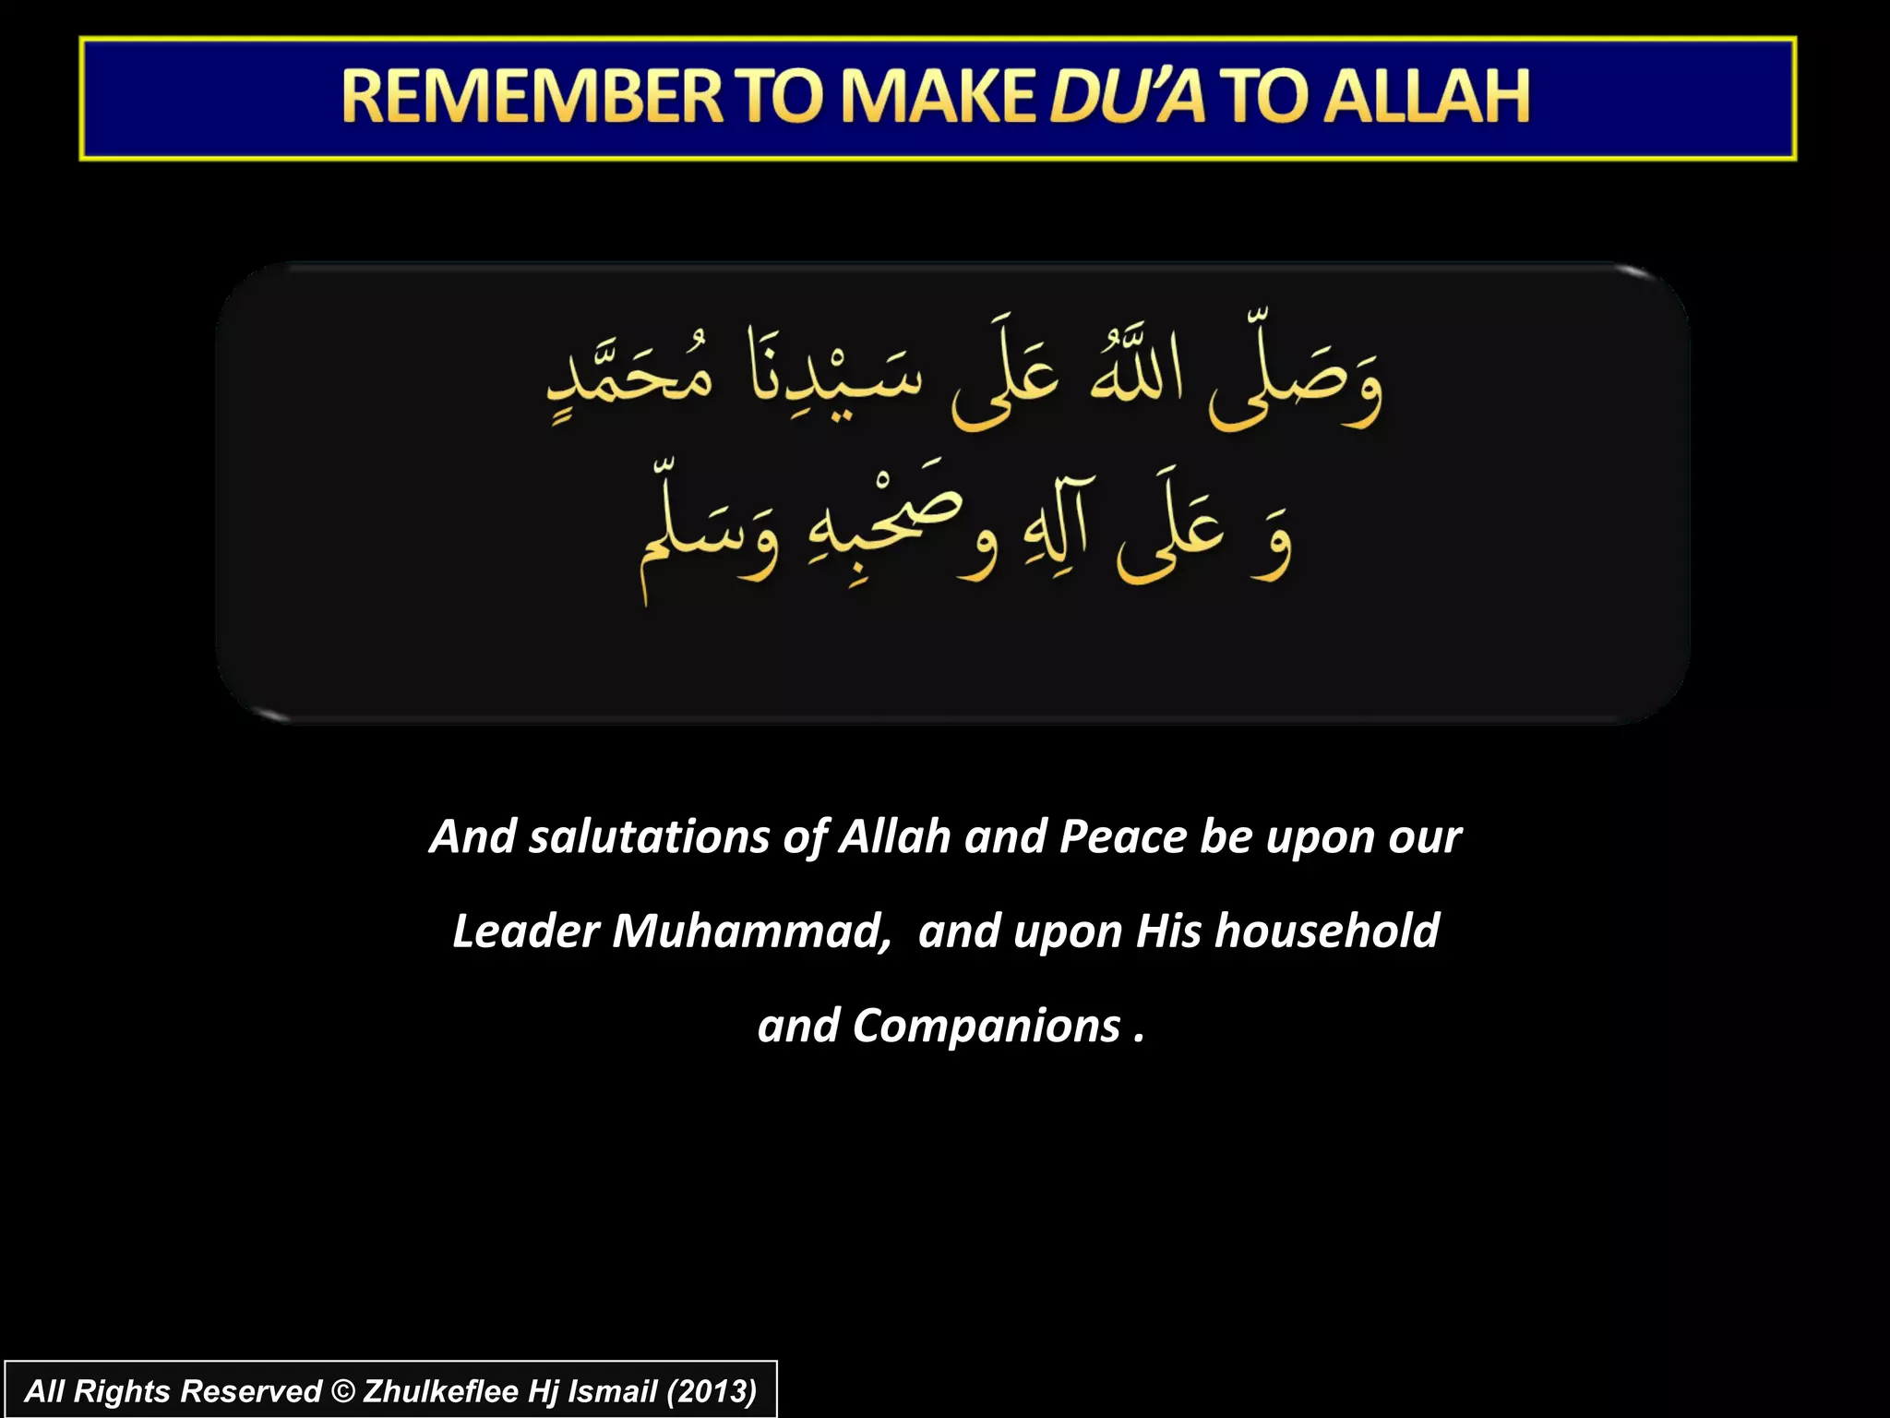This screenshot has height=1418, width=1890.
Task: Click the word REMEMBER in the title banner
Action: (x=532, y=97)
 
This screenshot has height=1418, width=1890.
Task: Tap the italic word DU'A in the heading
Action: (x=1127, y=97)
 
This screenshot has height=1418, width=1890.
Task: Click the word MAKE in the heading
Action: (x=936, y=97)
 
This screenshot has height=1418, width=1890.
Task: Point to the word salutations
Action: (x=649, y=837)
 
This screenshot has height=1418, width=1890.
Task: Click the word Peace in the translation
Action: (x=1123, y=837)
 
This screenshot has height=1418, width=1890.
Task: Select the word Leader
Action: (x=525, y=931)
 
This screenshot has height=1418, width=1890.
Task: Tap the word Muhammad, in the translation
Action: (x=751, y=931)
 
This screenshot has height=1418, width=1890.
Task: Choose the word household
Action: (x=1327, y=931)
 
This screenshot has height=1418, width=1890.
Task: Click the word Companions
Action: (x=986, y=1027)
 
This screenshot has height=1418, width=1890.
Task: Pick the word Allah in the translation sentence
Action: (x=894, y=837)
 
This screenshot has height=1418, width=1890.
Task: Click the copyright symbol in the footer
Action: (x=342, y=1391)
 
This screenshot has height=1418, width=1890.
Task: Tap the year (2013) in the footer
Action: (x=712, y=1391)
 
